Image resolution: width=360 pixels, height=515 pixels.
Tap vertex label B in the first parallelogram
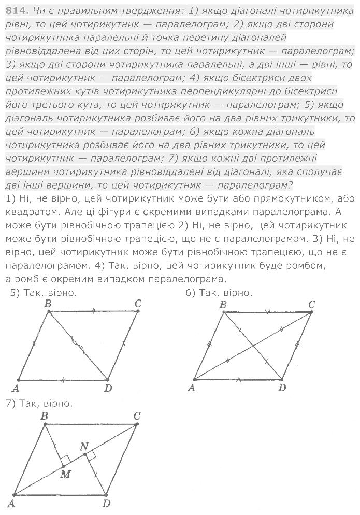point(48,304)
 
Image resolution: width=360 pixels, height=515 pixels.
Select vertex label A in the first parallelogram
point(16,388)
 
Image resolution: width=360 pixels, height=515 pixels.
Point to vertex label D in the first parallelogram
point(108,388)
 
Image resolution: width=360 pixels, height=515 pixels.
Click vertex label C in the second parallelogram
point(311,304)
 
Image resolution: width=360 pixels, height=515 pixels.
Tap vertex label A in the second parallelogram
point(191,387)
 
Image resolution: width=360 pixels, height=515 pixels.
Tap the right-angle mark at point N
point(91,455)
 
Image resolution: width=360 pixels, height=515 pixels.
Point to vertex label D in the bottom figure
point(106,502)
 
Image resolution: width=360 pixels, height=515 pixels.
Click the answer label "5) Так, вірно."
point(44,293)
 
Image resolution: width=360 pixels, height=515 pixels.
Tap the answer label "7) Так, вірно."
point(38,403)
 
